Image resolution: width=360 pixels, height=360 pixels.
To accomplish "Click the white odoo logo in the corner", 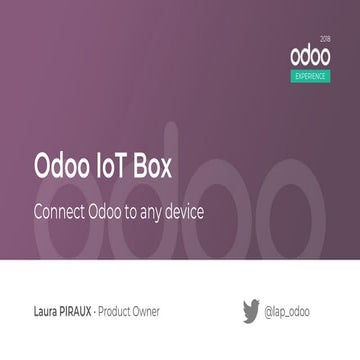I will [x=309, y=53].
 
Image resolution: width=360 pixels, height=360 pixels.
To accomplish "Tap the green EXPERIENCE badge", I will [x=311, y=75].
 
